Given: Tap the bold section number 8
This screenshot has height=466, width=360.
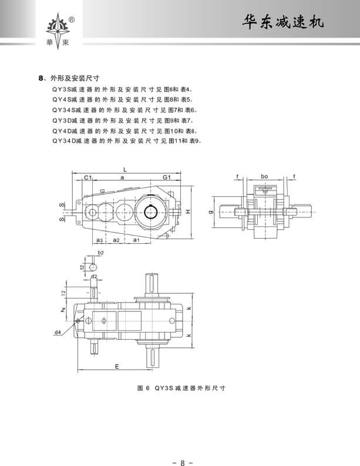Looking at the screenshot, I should (40, 77).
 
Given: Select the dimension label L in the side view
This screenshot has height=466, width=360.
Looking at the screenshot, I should (125, 169).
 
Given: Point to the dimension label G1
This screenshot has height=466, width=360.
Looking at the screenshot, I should (166, 177).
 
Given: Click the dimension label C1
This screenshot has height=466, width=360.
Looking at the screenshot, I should (87, 177).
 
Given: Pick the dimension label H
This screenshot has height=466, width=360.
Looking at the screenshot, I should (188, 211).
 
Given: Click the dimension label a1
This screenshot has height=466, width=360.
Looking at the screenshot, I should (136, 240).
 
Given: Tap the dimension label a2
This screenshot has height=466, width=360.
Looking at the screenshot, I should (116, 240).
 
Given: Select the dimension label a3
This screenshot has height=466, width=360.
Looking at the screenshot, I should (100, 240).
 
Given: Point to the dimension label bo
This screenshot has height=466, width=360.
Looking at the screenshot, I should (264, 176).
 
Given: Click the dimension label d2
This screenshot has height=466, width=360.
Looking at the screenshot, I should (94, 275).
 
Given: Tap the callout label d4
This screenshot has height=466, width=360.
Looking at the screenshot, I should (58, 333).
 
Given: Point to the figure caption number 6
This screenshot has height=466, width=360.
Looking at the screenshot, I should (148, 388).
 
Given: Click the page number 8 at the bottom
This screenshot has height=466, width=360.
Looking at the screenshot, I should (182, 447).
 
